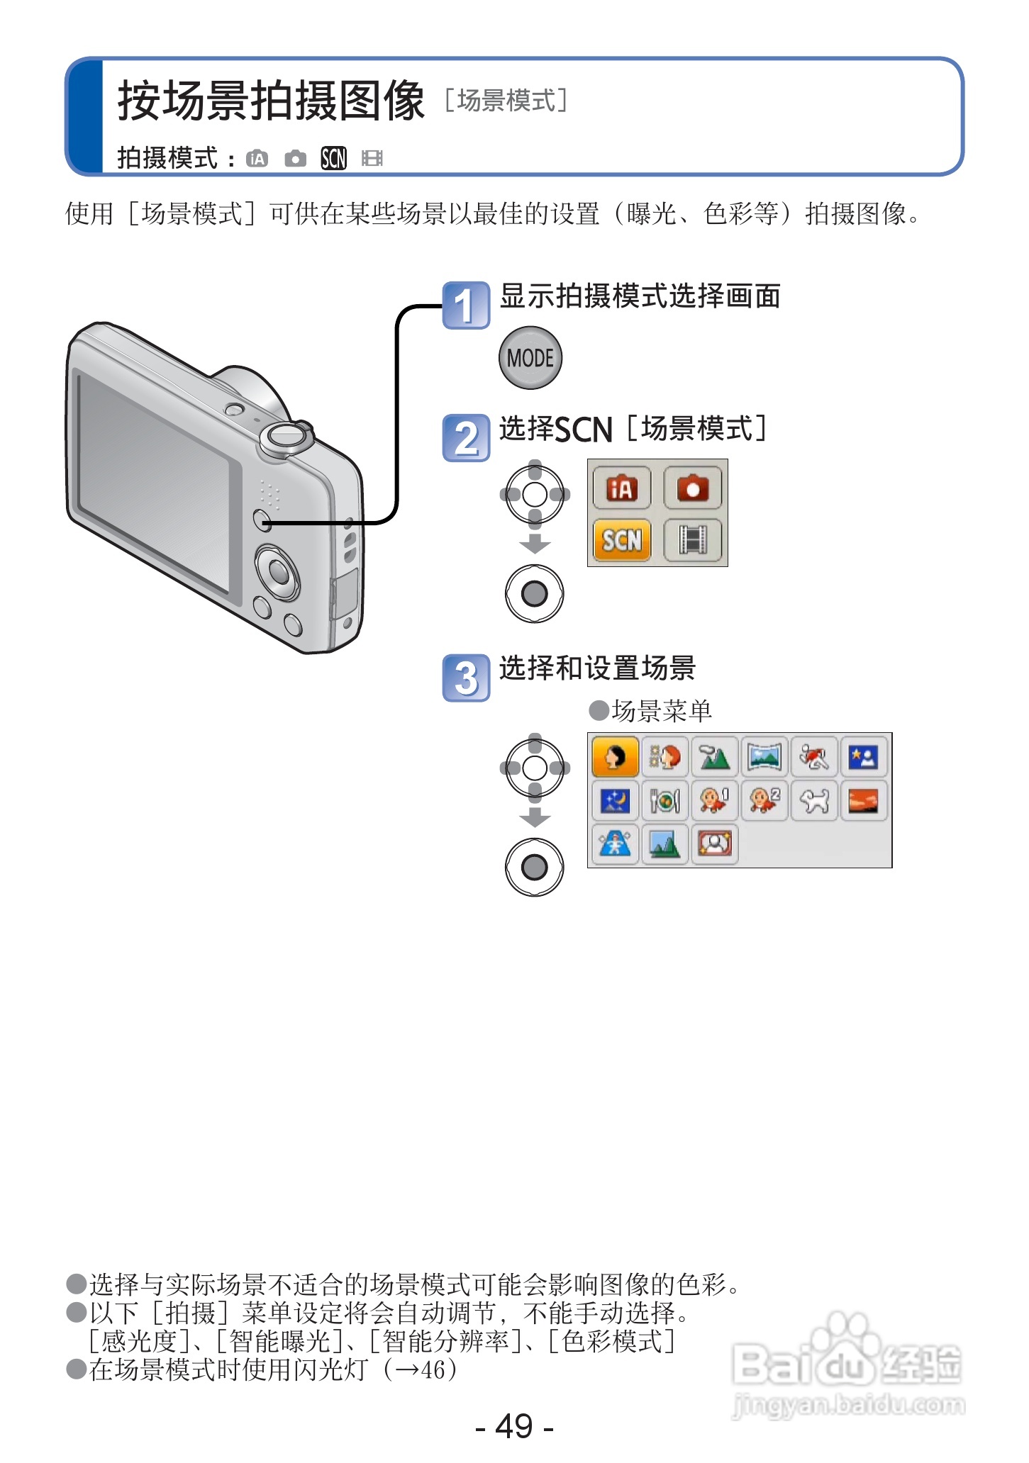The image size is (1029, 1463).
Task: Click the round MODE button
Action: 530,358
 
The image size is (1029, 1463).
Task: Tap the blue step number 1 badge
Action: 466,306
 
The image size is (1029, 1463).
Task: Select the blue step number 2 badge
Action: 466,438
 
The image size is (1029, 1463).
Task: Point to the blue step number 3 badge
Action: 466,678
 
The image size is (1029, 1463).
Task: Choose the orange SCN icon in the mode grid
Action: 621,541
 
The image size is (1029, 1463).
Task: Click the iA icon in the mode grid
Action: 621,488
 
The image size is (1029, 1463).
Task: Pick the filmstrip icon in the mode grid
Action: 693,541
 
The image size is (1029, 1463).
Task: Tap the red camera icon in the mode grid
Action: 693,488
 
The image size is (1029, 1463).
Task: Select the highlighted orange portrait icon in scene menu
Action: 615,757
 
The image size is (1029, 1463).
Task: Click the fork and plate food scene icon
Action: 665,801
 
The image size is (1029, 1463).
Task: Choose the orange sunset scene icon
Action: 863,801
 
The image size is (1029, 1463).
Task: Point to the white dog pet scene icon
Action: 814,801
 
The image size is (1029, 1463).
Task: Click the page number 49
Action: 514,1425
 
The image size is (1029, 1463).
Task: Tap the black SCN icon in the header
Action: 333,158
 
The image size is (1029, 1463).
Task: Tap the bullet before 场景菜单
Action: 599,710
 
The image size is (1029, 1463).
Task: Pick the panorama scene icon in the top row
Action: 764,757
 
